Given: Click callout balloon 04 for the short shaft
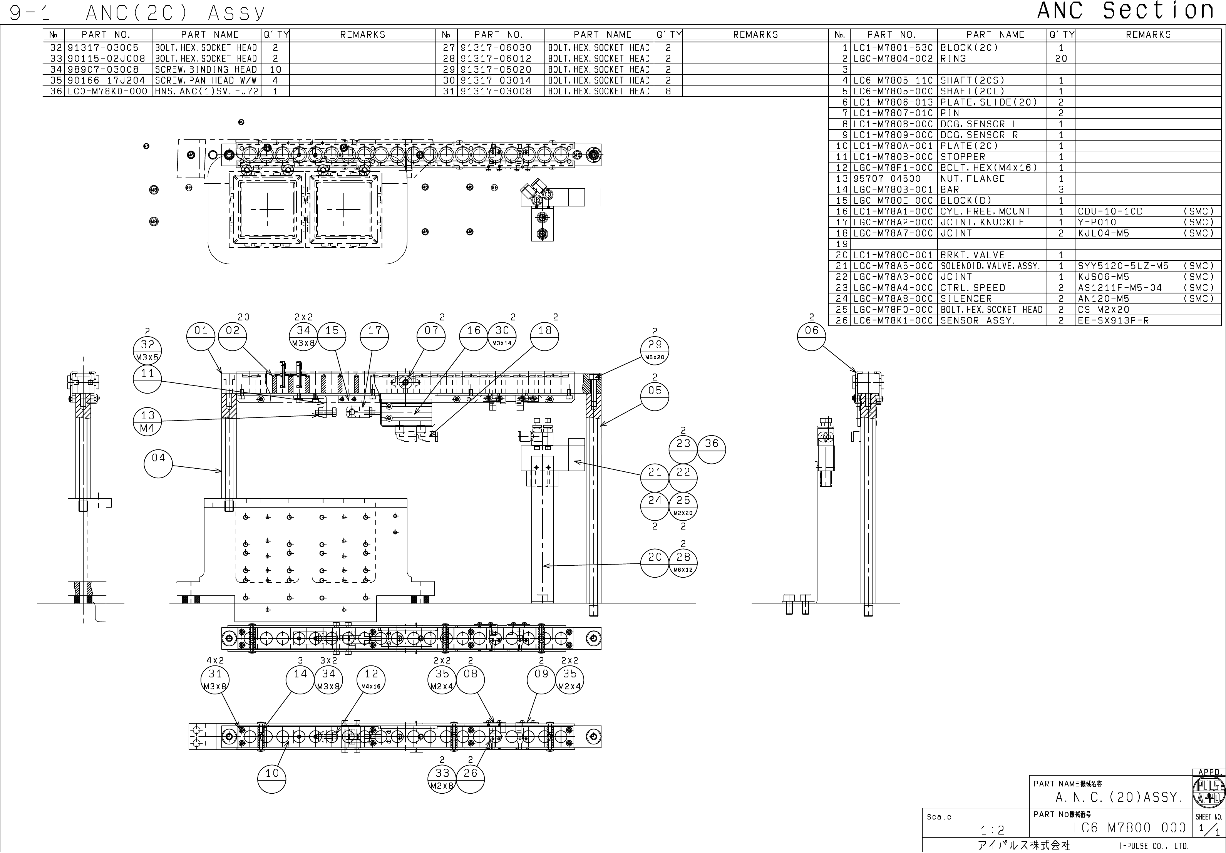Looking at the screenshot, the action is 158,463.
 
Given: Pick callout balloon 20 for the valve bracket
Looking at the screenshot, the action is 655,563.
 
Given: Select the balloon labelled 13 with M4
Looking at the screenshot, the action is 147,421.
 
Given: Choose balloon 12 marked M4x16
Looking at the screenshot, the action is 371,680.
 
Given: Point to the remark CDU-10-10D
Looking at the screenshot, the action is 1110,211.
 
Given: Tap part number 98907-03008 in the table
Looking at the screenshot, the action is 104,69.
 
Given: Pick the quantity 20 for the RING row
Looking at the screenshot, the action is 1060,58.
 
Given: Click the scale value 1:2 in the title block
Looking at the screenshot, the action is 992,830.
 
